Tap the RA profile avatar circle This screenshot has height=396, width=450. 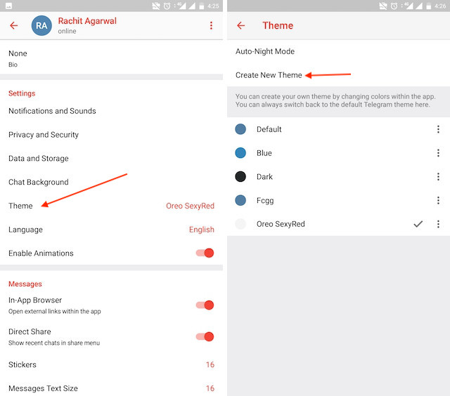(x=43, y=26)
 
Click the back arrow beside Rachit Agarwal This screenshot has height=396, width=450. (x=13, y=26)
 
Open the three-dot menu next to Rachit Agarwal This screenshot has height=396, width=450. (x=211, y=26)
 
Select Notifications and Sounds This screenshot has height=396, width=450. (x=52, y=111)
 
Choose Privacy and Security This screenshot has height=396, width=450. (x=44, y=135)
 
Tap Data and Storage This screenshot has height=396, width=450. (x=39, y=159)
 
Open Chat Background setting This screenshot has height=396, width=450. (x=39, y=183)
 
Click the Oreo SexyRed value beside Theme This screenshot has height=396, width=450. (x=190, y=206)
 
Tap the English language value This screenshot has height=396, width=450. (x=202, y=230)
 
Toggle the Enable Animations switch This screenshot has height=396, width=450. (x=205, y=253)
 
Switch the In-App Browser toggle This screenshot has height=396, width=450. (x=205, y=305)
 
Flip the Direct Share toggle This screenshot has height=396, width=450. (x=205, y=337)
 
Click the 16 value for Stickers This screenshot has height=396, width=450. (x=210, y=365)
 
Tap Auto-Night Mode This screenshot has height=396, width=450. (x=265, y=52)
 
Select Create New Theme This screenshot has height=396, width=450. (x=269, y=75)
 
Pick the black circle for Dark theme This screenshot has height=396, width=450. (x=240, y=177)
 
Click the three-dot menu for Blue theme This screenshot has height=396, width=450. (x=438, y=153)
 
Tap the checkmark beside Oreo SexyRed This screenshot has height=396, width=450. (x=418, y=224)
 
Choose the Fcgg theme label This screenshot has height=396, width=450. (x=265, y=201)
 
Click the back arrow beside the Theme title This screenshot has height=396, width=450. (x=241, y=26)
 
